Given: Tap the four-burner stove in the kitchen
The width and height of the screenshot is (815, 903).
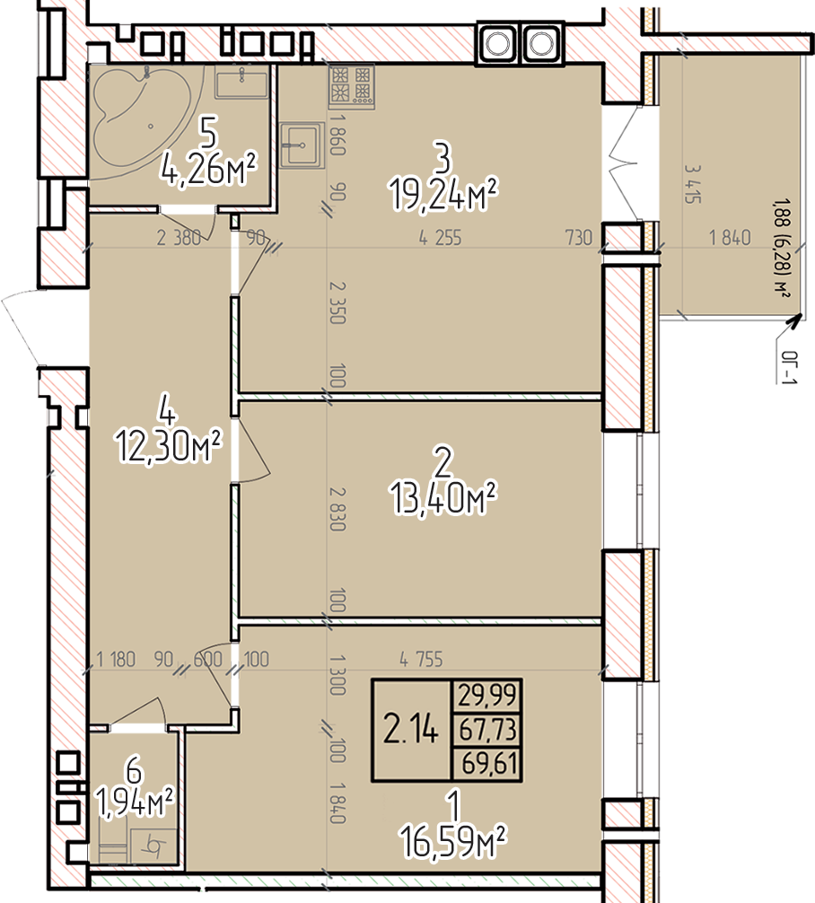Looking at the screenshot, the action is [351, 86].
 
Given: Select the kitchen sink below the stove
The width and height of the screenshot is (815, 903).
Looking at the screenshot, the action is [300, 145].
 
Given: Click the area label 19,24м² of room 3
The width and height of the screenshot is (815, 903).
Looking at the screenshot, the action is [443, 195].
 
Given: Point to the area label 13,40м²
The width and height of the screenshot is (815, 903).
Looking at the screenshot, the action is [443, 499].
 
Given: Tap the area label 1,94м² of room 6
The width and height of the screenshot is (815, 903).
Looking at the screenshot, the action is [135, 802].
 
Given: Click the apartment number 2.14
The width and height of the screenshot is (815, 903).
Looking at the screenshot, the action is [411, 731].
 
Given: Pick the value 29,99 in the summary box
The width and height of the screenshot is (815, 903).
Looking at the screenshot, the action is [487, 697].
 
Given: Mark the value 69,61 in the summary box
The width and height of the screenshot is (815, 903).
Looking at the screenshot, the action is [489, 765].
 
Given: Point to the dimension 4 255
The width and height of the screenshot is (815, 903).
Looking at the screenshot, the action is [440, 238].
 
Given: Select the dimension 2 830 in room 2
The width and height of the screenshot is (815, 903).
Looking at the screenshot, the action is [337, 509].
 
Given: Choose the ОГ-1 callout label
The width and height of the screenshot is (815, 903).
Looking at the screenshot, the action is [789, 367].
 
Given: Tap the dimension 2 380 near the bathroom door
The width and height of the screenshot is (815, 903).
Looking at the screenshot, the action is [179, 238].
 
